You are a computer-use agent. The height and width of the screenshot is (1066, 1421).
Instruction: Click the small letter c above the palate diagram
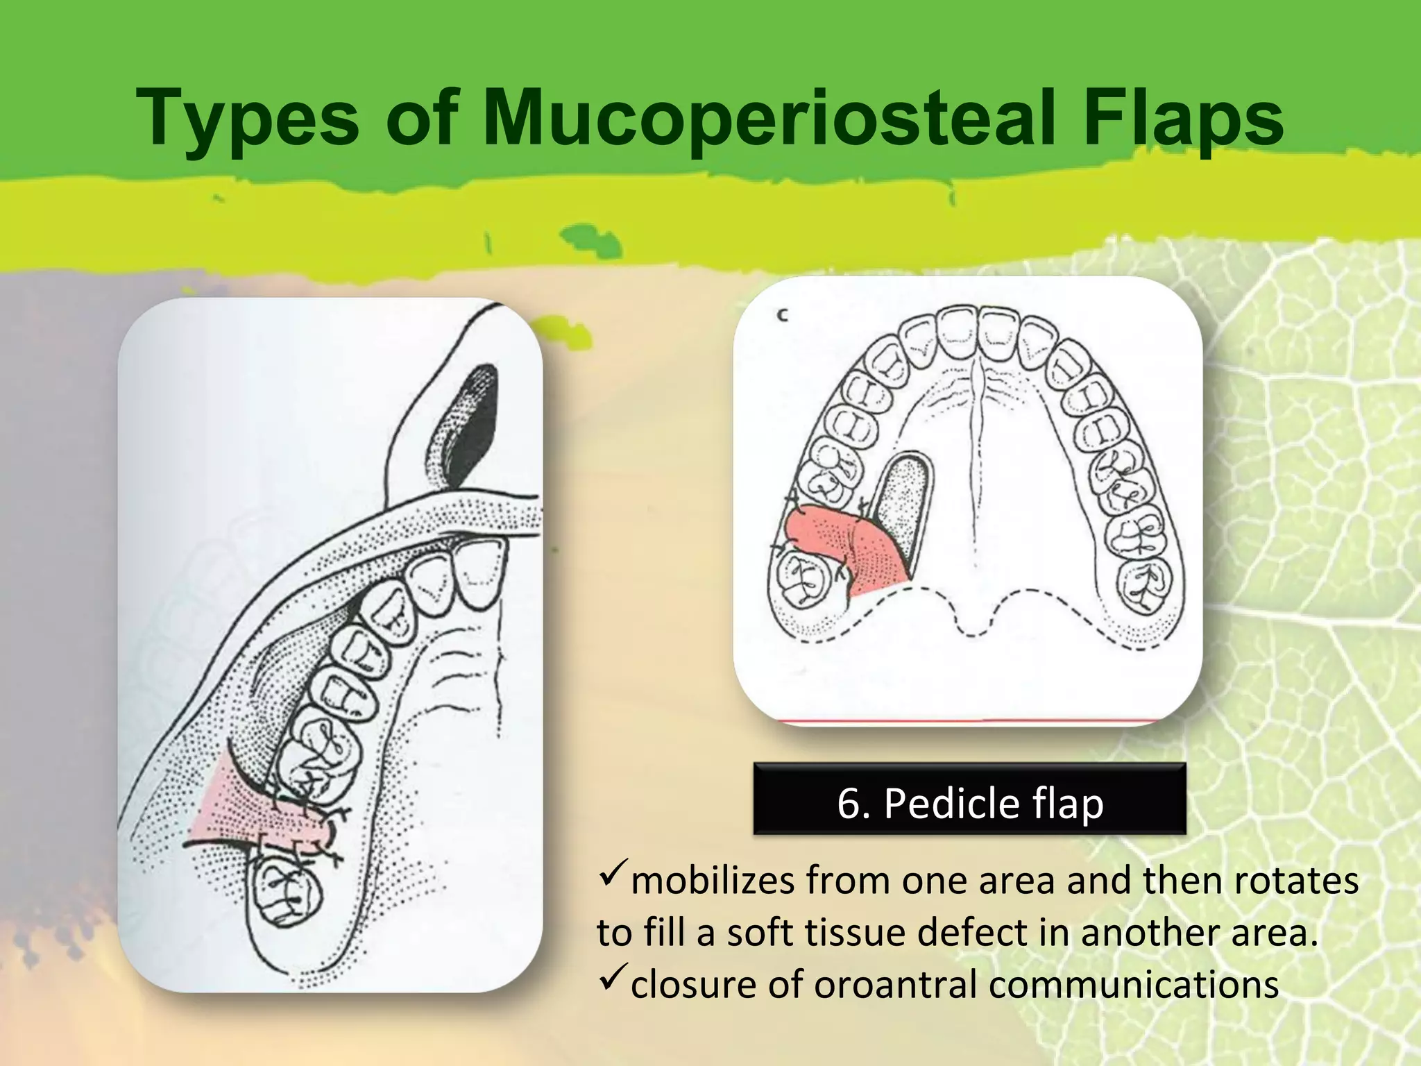click(x=783, y=316)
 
